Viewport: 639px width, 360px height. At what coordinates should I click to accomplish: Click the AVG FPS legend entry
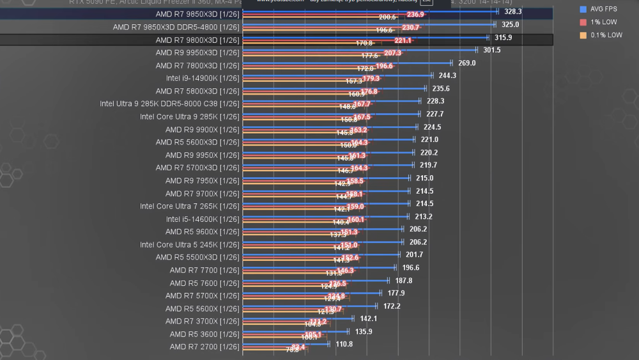coord(603,10)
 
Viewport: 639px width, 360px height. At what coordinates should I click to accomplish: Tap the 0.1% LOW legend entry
coord(604,35)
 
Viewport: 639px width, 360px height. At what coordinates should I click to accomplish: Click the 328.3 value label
coord(512,12)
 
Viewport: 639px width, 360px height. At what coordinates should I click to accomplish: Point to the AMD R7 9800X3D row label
coord(197,40)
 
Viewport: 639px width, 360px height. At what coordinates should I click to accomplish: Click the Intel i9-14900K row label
coord(203,78)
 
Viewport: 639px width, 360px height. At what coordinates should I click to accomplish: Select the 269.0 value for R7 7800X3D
coord(467,63)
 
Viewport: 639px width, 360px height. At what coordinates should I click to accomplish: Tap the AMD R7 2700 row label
coord(204,347)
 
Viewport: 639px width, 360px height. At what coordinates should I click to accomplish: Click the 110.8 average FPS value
coord(344,344)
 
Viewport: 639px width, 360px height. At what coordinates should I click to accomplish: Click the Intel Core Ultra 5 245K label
coord(190,244)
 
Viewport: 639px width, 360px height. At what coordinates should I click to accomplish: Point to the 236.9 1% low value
coord(415,15)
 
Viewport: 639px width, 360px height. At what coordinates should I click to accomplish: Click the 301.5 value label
coord(492,50)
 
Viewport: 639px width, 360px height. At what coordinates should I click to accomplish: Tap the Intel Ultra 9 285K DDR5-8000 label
coord(169,104)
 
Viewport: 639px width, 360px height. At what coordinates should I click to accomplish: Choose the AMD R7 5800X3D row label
coord(197,91)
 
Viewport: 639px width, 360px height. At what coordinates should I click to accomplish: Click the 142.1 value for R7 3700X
coord(369,318)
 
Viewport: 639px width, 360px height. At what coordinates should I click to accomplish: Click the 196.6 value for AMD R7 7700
coord(411,267)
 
